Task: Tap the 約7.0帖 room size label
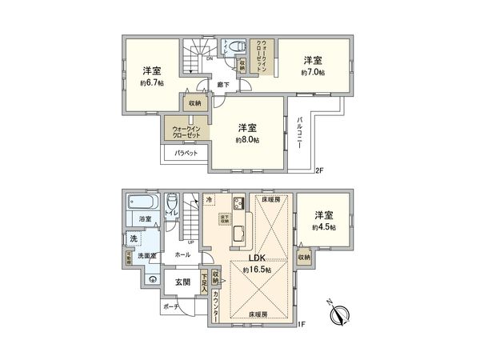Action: coord(313,72)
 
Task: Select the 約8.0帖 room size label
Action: coord(246,138)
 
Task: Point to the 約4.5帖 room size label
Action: coord(324,226)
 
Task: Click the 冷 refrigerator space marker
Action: coord(209,199)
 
